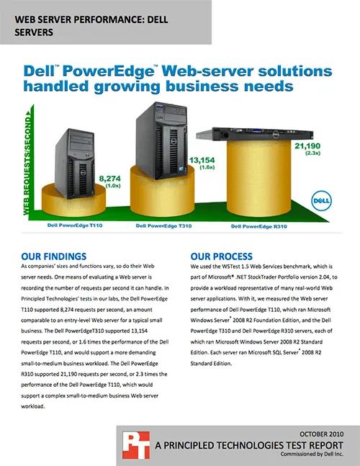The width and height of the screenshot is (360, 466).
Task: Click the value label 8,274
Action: point(109,179)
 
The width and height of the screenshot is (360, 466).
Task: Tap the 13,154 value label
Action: point(202,161)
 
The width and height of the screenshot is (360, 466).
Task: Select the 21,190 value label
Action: point(307,146)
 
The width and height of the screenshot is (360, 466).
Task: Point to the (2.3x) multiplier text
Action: point(312,153)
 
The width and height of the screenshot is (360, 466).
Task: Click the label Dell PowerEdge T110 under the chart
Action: point(75,225)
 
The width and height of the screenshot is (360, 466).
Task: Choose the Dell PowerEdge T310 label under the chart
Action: point(163,226)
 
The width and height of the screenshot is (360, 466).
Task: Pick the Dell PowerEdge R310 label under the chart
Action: point(259,226)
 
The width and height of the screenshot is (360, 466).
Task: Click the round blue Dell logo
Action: point(321,201)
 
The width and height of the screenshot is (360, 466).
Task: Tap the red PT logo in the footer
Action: point(136,445)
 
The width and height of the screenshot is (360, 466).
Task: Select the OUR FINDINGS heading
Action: point(54,256)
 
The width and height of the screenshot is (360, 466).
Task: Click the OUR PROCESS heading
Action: point(222,256)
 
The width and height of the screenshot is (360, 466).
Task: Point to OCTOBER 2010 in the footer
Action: point(321,434)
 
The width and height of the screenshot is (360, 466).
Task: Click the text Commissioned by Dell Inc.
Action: point(312,454)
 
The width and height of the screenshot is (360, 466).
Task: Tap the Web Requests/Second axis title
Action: point(27,163)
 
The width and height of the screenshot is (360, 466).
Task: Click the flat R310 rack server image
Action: point(255,134)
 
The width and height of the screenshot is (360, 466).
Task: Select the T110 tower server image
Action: point(75,163)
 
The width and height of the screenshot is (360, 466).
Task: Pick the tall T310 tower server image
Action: point(162,140)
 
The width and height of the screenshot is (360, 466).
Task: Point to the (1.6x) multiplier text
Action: point(207,167)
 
